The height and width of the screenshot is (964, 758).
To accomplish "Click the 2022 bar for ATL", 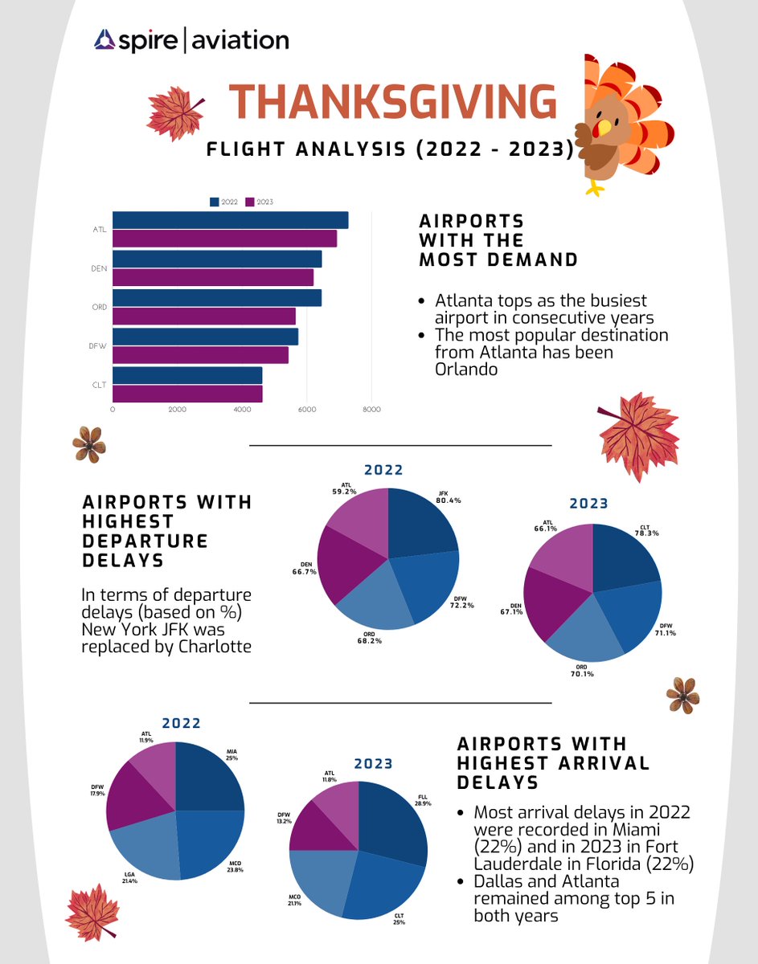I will coord(230,220).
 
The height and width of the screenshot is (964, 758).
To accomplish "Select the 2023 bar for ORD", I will coord(203,316).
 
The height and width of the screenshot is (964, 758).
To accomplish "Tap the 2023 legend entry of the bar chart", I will coord(260,202).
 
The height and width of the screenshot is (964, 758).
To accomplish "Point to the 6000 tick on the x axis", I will coord(306,410).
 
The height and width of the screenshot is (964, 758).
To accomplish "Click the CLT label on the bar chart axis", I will coord(100,386).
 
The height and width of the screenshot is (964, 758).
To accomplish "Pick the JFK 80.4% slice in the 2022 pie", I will coord(422,521).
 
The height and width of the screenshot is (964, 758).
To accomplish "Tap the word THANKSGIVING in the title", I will coord(392,103).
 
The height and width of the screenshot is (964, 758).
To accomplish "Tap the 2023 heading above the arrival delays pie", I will coord(374,763).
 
